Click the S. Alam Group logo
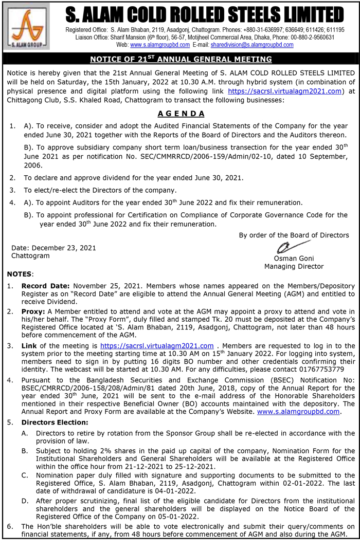[x=26, y=26]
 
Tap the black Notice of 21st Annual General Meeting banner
[x=180, y=59]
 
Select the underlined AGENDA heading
[x=181, y=114]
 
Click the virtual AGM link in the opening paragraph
[x=285, y=91]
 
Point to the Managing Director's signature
[x=291, y=246]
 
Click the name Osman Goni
[x=294, y=258]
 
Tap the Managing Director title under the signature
[x=294, y=266]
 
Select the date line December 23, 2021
[x=53, y=248]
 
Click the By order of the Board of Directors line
[x=294, y=235]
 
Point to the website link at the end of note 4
[x=298, y=412]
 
